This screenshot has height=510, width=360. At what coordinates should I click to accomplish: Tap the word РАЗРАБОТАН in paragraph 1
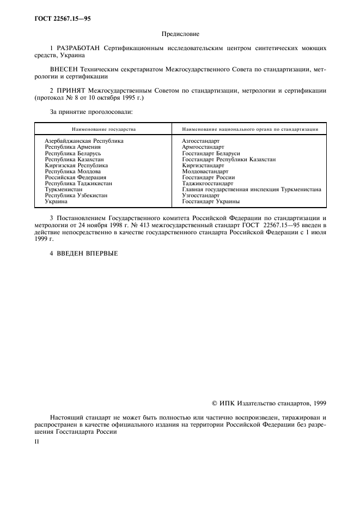82,48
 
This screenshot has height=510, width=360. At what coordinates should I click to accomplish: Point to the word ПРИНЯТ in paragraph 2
74,91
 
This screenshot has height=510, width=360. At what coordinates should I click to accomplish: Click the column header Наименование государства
103,130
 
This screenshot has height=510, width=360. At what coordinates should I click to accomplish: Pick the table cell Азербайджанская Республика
84,141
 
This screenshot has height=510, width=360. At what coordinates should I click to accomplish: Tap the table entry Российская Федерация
75,177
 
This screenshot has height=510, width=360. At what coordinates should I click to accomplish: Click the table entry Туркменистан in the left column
63,190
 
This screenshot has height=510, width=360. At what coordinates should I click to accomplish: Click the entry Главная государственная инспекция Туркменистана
251,190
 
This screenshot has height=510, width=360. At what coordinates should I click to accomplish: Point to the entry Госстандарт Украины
211,202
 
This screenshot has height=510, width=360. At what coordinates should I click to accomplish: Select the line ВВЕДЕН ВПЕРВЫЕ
83,252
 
